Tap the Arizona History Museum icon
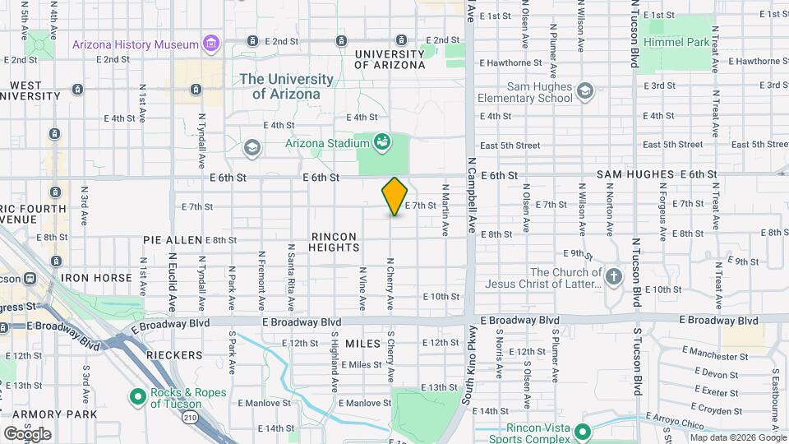(212, 44)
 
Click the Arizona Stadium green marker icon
(381, 143)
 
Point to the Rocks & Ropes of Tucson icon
(138, 398)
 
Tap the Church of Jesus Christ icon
(613, 278)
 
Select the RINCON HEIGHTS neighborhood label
(334, 243)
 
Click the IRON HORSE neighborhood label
(96, 279)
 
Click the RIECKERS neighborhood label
(174, 355)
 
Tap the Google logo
(27, 434)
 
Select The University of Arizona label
(286, 86)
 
